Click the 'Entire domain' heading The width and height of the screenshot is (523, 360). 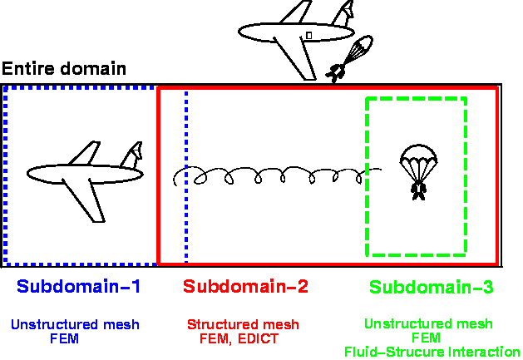click(64, 69)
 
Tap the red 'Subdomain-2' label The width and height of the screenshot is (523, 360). click(245, 288)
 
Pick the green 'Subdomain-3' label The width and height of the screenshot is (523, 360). click(432, 288)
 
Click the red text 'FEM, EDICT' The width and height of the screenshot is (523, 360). click(240, 338)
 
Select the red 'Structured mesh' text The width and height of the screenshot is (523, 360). click(243, 324)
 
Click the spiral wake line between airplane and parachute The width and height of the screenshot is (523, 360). click(274, 175)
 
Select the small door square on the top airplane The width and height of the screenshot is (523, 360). click(308, 35)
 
